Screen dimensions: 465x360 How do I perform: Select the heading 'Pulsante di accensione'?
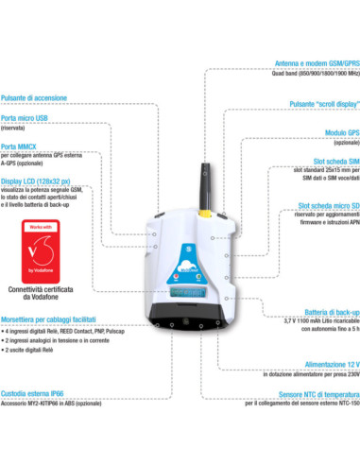(x=34, y=97)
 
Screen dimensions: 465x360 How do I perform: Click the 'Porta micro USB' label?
(x=25, y=117)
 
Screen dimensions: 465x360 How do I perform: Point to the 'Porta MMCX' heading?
(x=20, y=146)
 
